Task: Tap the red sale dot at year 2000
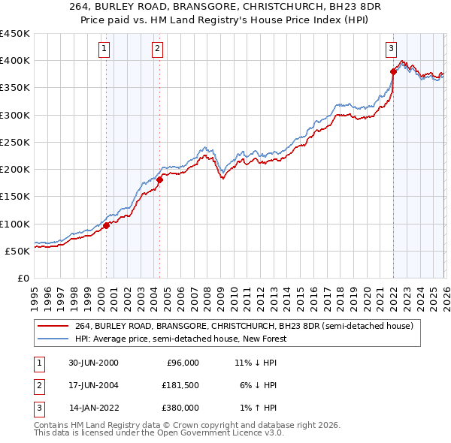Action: [107, 225]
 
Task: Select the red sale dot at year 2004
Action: [159, 179]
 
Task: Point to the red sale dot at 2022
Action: [393, 72]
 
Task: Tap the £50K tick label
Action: [18, 251]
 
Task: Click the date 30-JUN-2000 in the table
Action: [93, 363]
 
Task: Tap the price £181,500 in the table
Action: [179, 385]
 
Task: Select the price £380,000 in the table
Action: [179, 408]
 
